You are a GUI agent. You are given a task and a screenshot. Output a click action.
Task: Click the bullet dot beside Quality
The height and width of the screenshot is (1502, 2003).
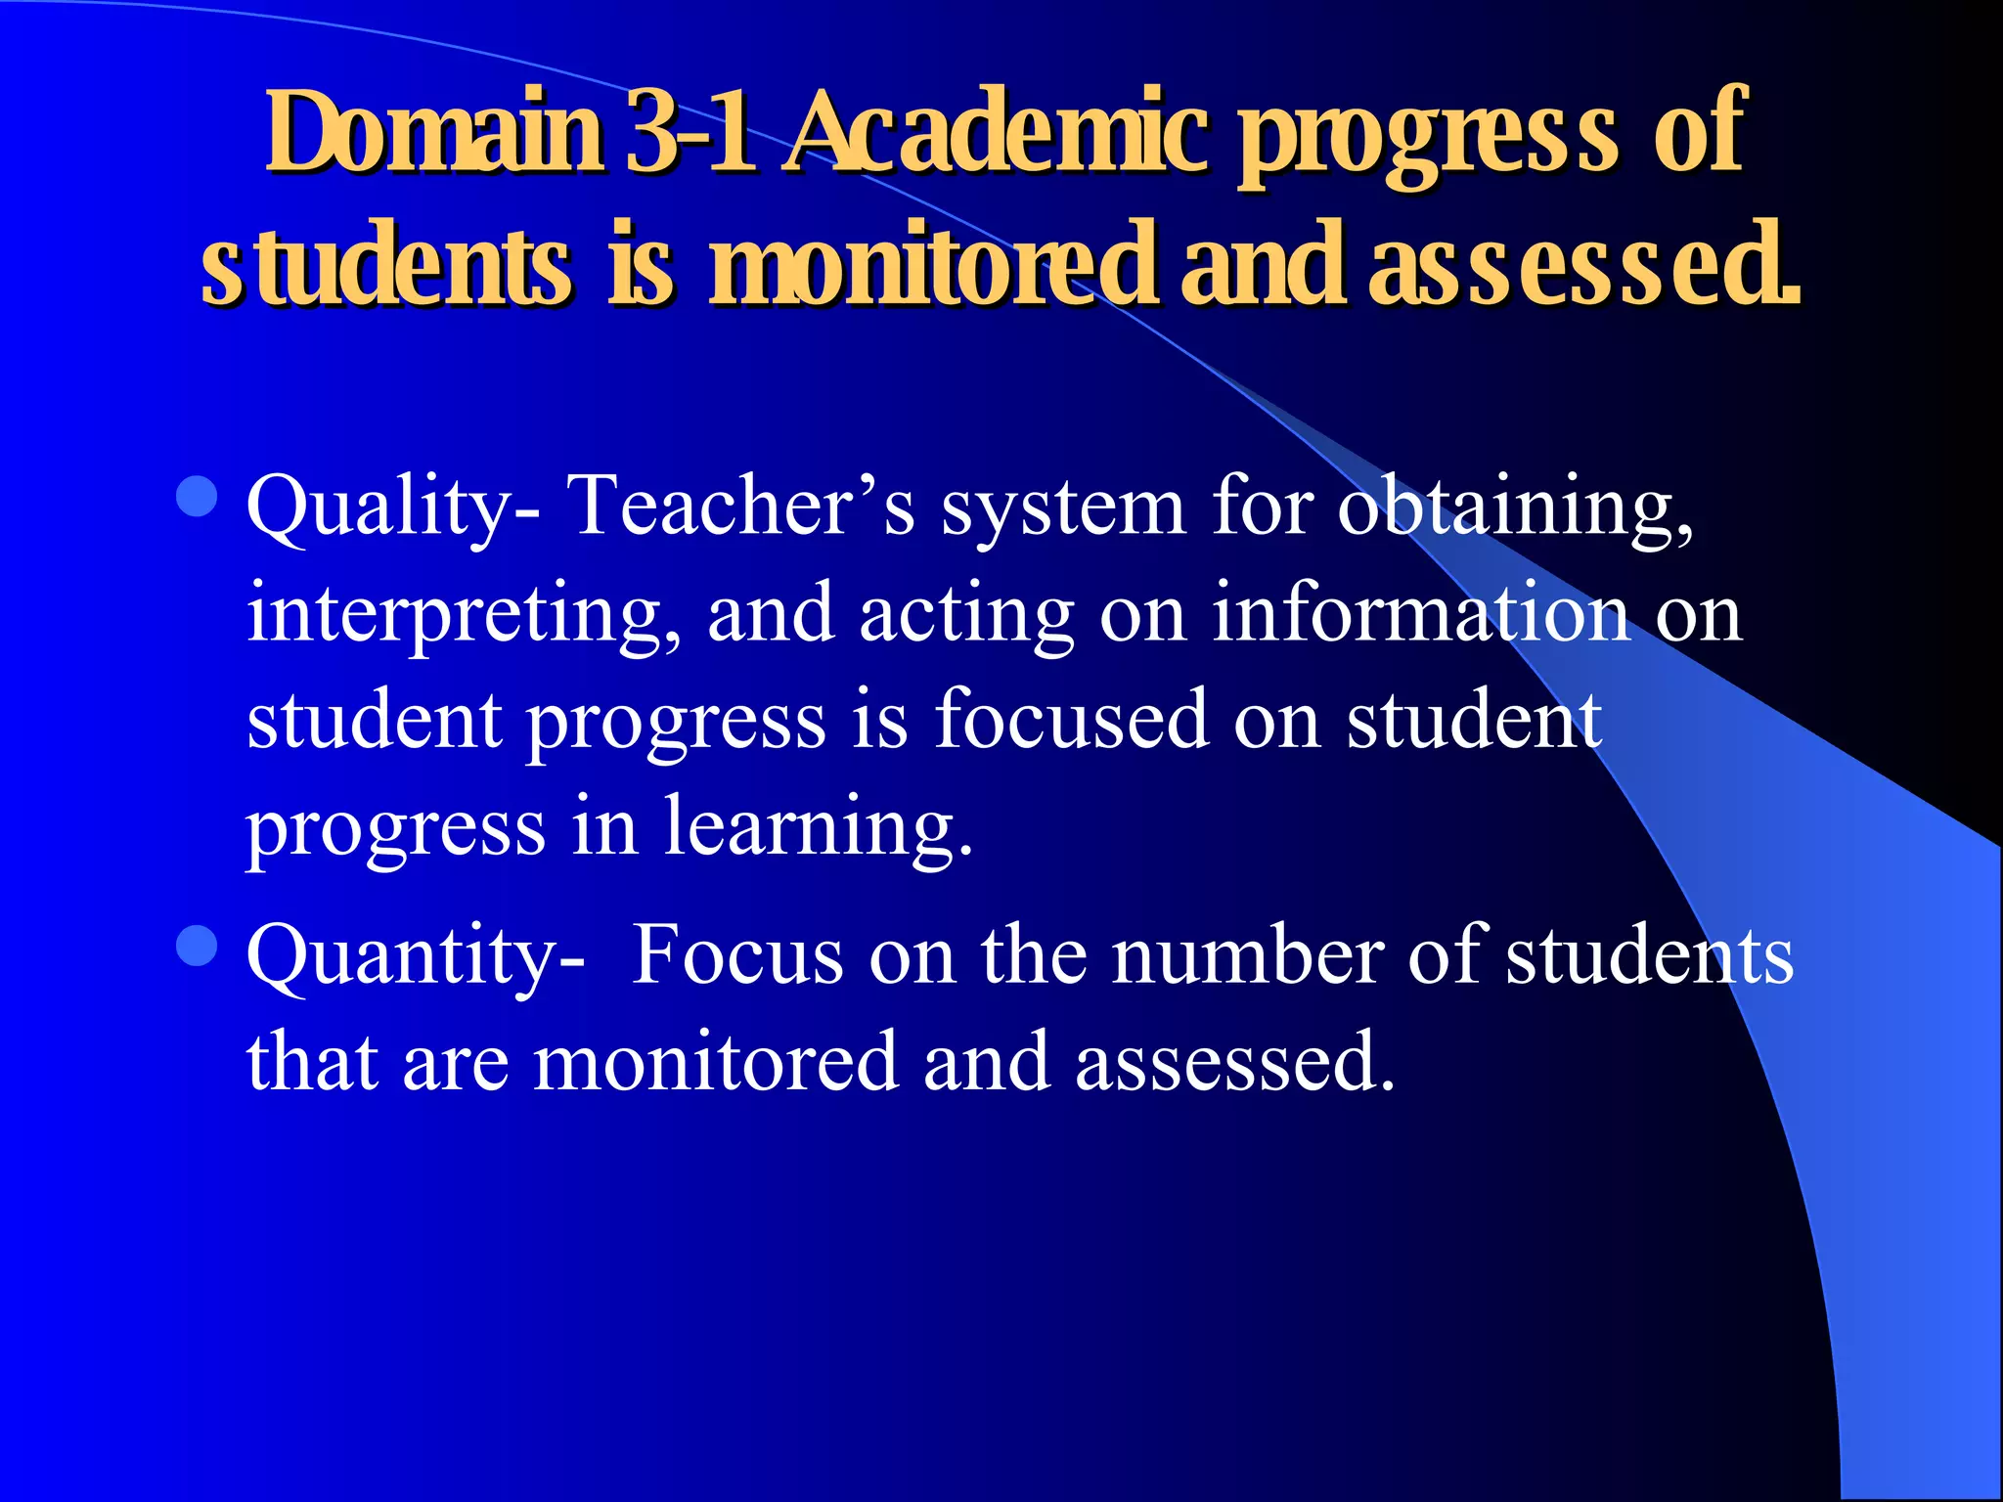coord(198,497)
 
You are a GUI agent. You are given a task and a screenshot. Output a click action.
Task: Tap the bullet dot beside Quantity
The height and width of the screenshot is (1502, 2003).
coord(198,946)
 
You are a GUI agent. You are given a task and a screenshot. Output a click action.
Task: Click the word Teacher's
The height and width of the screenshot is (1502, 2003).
coord(741,507)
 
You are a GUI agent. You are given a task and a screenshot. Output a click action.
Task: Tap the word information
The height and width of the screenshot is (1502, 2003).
coord(1420,614)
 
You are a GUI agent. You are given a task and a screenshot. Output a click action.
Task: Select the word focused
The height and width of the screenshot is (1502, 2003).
coord(1072,720)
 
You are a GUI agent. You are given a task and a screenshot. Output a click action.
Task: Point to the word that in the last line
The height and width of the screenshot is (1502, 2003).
coord(312,1061)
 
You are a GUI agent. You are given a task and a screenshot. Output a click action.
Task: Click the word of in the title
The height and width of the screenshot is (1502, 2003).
coord(1700,132)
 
